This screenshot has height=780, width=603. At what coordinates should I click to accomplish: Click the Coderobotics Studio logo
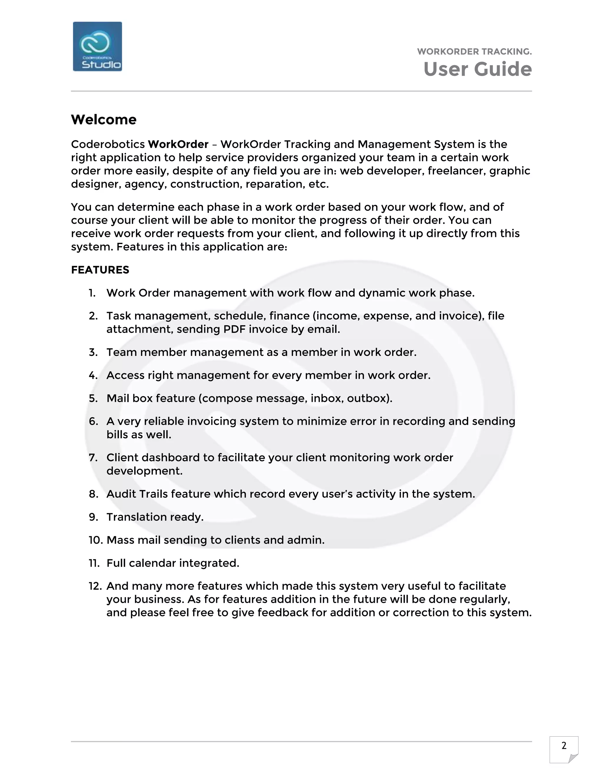coord(97,47)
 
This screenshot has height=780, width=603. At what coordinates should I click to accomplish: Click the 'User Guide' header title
coord(477,69)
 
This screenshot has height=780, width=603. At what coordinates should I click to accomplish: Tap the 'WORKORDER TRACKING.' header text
coord(474,52)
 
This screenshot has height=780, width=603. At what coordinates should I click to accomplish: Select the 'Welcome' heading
coord(104,120)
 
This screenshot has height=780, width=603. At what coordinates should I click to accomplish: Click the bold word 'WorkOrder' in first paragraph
coord(178,144)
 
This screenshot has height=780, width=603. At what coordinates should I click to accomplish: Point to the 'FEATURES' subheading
coord(100,270)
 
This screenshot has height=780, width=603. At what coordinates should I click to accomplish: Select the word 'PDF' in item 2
coord(234,329)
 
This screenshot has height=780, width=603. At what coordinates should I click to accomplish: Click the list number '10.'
coord(96,540)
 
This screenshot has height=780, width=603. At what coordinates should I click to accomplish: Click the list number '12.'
coord(95,586)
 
